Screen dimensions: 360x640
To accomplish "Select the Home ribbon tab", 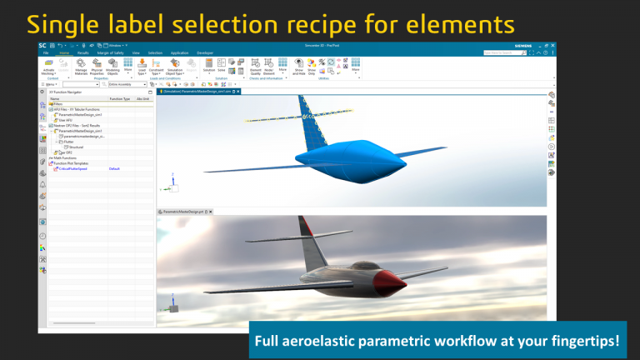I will (x=64, y=52).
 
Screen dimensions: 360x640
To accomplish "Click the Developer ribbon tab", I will (x=205, y=52).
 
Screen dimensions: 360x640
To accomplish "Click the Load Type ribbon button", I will (x=142, y=66).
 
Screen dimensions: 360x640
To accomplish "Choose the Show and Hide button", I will (x=299, y=66).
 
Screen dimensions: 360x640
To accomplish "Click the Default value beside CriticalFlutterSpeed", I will (x=115, y=168).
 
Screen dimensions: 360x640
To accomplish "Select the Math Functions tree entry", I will (x=66, y=158).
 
